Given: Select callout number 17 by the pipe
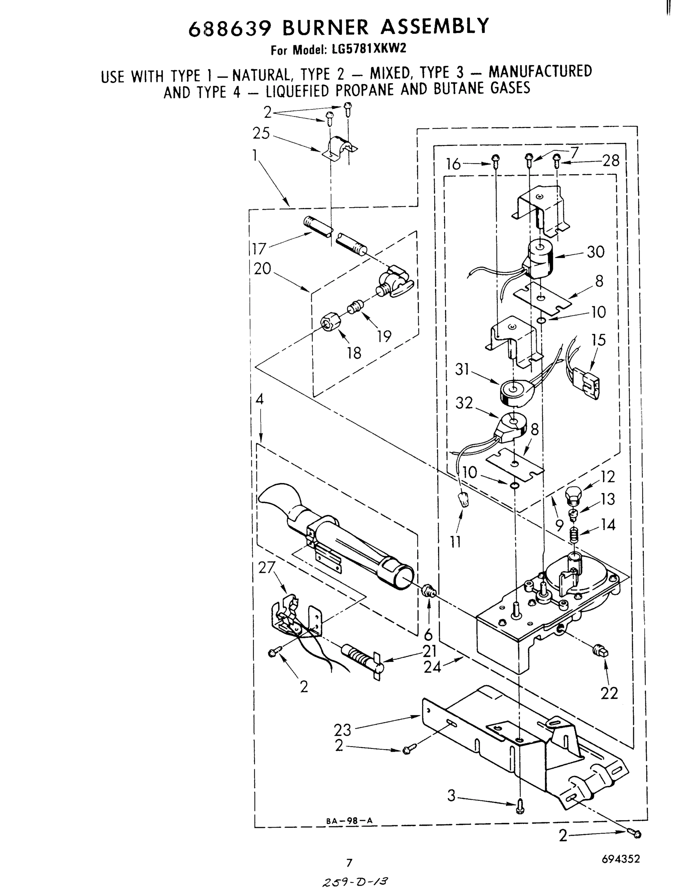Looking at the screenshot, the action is click(259, 249).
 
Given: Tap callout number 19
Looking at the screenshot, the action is click(384, 336).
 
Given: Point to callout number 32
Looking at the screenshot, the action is click(464, 403).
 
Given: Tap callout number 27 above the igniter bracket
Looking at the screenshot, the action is click(267, 568).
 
